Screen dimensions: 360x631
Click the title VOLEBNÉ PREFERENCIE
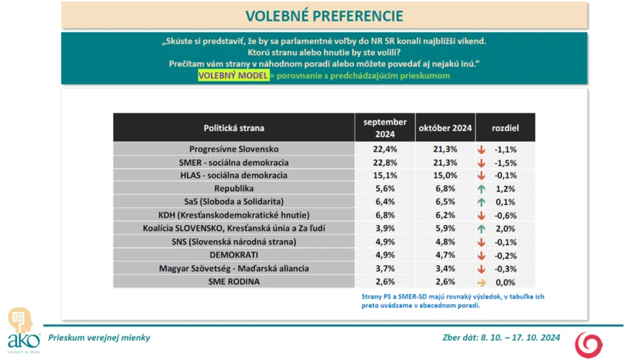pyautogui.click(x=324, y=15)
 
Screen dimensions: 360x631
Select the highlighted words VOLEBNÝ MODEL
pyautogui.click(x=233, y=76)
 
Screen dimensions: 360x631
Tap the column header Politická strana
pyautogui.click(x=234, y=128)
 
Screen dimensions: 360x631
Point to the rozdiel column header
pyautogui.click(x=505, y=128)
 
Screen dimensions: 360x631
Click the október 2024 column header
pyautogui.click(x=445, y=128)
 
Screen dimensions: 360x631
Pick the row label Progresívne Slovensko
pyautogui.click(x=234, y=149)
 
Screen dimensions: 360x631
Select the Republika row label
pyautogui.click(x=234, y=189)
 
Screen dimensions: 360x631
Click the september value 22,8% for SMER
pyautogui.click(x=385, y=162)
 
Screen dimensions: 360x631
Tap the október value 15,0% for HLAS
pyautogui.click(x=445, y=175)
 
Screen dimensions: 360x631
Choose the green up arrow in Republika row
pyautogui.click(x=481, y=189)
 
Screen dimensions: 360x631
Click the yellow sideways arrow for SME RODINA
pyautogui.click(x=481, y=282)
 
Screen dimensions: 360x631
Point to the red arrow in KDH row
pyautogui.click(x=481, y=216)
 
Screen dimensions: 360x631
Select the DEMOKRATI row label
pyautogui.click(x=234, y=255)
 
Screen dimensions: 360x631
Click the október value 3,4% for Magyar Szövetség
pyautogui.click(x=445, y=268)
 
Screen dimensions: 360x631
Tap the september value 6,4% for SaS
pyautogui.click(x=385, y=202)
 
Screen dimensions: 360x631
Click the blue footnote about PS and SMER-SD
pyautogui.click(x=452, y=301)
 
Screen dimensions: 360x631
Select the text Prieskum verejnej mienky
pyautogui.click(x=99, y=338)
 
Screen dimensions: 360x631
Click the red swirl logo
pyautogui.click(x=589, y=344)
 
